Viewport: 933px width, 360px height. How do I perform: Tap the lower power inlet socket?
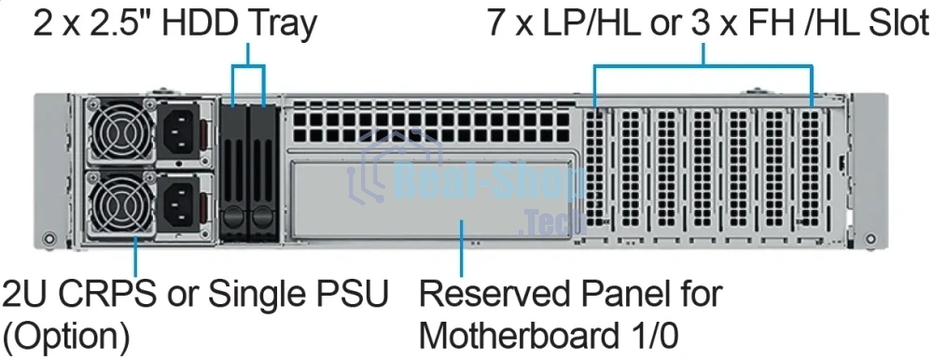pyautogui.click(x=182, y=201)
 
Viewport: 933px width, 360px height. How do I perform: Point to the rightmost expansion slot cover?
pyautogui.click(x=810, y=168)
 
